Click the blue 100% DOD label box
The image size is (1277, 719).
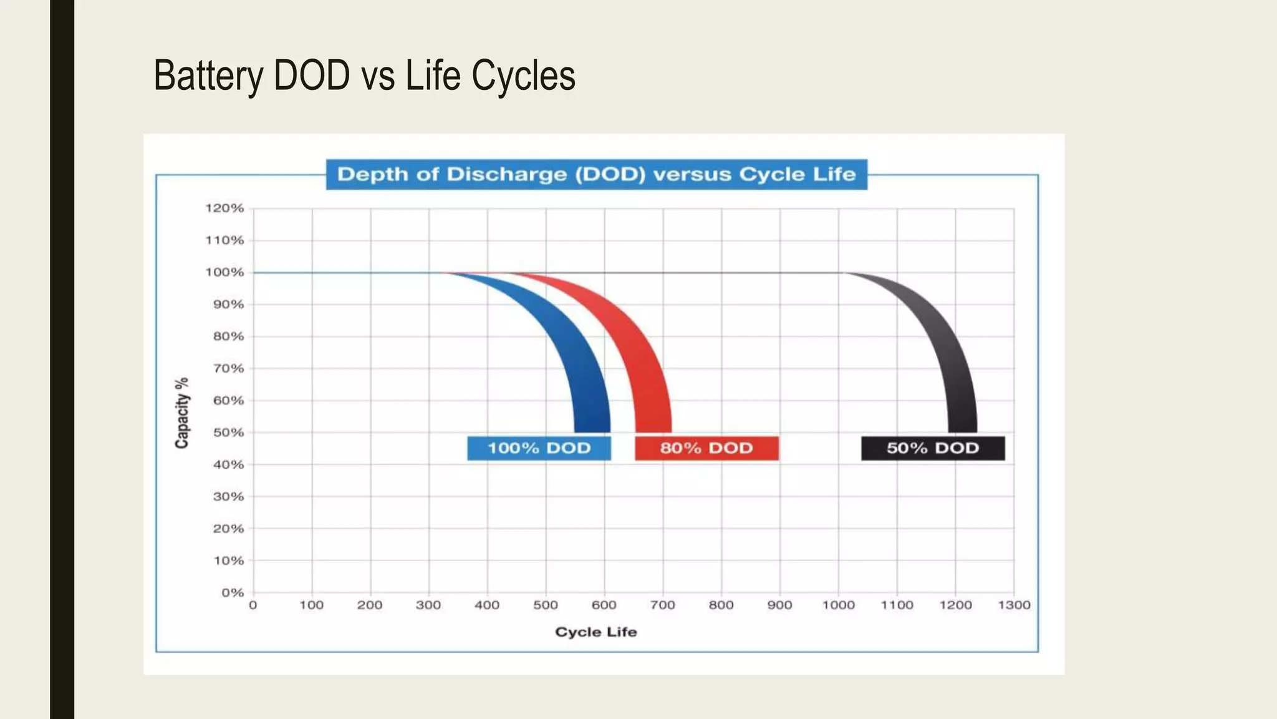(x=539, y=448)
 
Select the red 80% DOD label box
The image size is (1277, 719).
(x=706, y=448)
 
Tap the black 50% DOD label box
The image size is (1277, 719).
(x=933, y=448)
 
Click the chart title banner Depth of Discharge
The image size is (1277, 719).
(x=596, y=174)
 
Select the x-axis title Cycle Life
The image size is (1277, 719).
(x=595, y=632)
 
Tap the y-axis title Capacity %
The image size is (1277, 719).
(x=181, y=413)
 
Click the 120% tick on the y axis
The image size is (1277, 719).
(x=224, y=208)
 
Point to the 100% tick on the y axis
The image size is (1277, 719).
(x=224, y=272)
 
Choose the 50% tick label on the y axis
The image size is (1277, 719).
(x=228, y=432)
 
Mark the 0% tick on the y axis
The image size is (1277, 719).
(x=232, y=592)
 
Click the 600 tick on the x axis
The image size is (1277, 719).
(x=604, y=605)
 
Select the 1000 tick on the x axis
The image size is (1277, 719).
(x=838, y=605)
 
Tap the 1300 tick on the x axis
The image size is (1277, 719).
(x=1014, y=605)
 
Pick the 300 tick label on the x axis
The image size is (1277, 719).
(x=428, y=605)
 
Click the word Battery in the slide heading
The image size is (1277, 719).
(x=208, y=76)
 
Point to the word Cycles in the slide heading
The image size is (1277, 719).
(x=523, y=76)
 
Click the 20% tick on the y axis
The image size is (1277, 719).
(x=228, y=528)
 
